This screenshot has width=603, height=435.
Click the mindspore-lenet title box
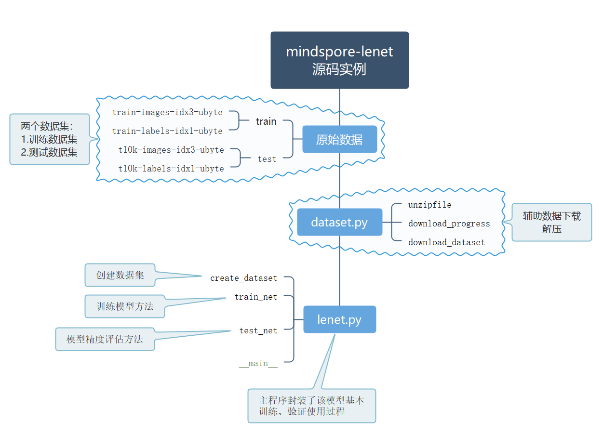tap(339, 60)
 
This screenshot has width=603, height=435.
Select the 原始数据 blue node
tap(339, 139)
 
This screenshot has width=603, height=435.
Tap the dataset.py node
tap(339, 222)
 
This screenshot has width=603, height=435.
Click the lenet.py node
tap(339, 319)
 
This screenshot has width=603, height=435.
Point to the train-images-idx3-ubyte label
tap(167, 112)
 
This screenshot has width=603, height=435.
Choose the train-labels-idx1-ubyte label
tap(167, 131)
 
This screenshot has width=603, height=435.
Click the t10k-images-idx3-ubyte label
tap(171, 150)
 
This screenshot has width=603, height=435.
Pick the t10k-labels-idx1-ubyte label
tap(171, 169)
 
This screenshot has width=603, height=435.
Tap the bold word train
tap(266, 121)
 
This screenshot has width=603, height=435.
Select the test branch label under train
tap(267, 159)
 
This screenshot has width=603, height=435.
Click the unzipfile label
tap(429, 205)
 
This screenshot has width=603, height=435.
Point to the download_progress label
tap(449, 224)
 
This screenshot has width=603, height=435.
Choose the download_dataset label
tap(446, 242)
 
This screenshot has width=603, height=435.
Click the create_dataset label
tap(243, 278)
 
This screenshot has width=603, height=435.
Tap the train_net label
tap(255, 297)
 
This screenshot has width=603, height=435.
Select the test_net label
tap(258, 330)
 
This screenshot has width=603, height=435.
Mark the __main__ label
tap(258, 364)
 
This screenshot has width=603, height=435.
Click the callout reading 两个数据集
tap(50, 139)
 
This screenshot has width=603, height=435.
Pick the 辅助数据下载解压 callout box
tap(551, 222)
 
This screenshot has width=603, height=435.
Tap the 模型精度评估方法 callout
tap(105, 339)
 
